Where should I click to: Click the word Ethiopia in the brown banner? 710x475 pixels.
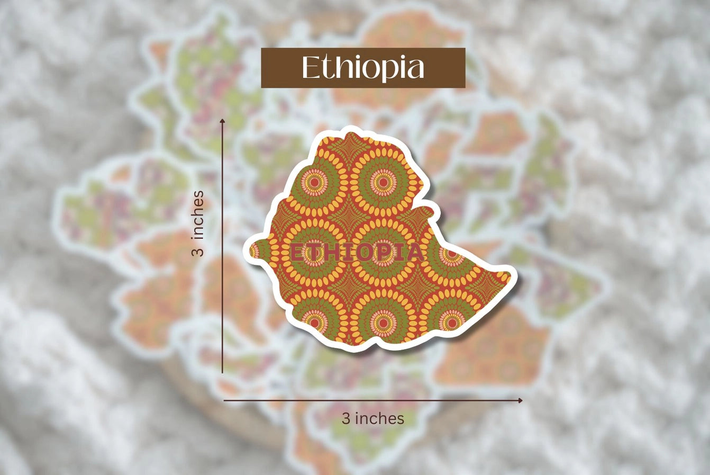coord(363,68)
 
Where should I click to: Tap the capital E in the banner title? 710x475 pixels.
coord(310,68)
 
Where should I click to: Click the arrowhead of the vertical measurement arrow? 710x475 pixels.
coord(223,122)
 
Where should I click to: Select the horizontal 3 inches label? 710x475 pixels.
coord(372,418)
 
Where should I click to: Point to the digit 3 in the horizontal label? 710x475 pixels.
coord(345,418)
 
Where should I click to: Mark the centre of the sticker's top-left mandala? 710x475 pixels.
coord(314,183)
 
